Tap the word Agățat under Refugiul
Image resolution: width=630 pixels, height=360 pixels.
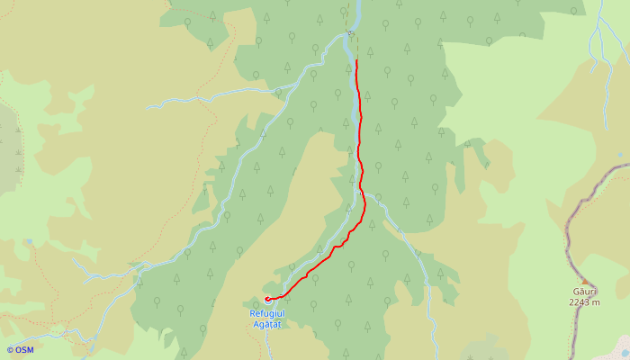click(267, 323)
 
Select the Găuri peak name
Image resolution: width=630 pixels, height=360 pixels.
click(584, 292)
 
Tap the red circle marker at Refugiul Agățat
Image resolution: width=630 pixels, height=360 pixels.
click(267, 299)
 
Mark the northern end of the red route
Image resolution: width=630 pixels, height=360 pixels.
click(356, 60)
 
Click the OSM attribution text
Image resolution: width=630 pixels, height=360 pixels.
click(24, 349)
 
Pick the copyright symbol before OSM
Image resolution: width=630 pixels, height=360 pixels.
click(10, 349)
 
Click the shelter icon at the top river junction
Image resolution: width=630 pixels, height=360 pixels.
click(350, 34)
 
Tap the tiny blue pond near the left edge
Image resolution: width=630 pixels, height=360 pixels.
click(29, 241)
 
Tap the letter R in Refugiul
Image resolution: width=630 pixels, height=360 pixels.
click(253, 312)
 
